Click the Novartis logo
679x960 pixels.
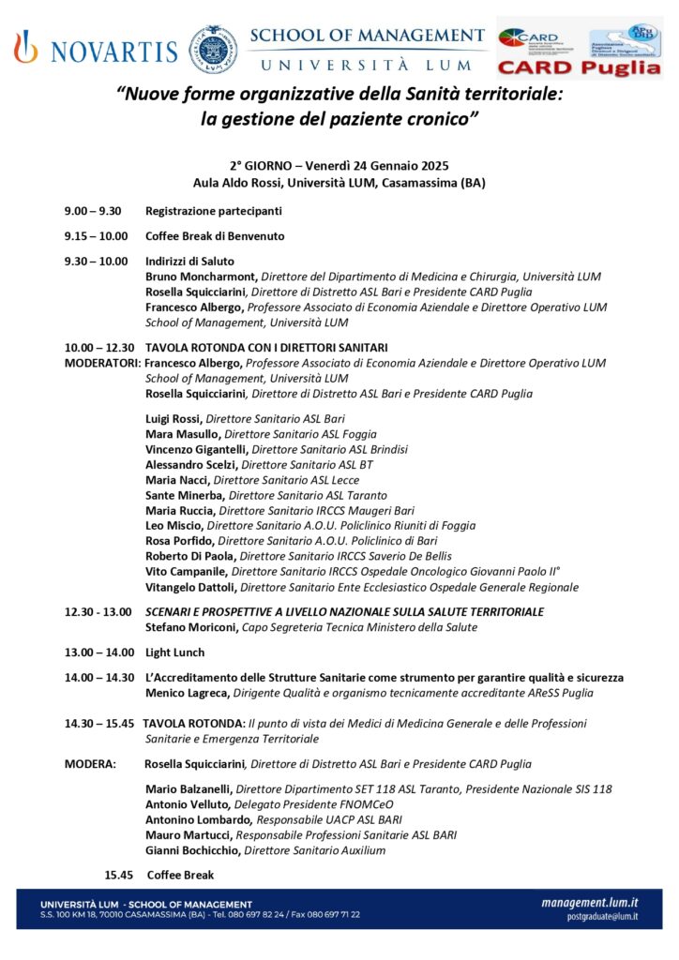click(96, 48)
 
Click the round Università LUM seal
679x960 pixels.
click(213, 49)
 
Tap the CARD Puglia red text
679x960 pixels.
click(579, 67)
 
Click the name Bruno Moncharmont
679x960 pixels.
click(201, 277)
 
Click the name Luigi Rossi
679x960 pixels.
click(174, 418)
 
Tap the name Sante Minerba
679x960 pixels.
click(185, 495)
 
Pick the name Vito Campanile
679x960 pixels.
click(186, 571)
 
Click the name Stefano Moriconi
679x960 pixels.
click(191, 627)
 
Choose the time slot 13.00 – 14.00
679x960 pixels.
click(98, 652)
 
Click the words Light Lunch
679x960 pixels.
click(174, 652)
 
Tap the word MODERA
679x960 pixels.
click(90, 764)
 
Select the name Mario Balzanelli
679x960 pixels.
click(189, 789)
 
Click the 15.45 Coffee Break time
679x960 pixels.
click(119, 875)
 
